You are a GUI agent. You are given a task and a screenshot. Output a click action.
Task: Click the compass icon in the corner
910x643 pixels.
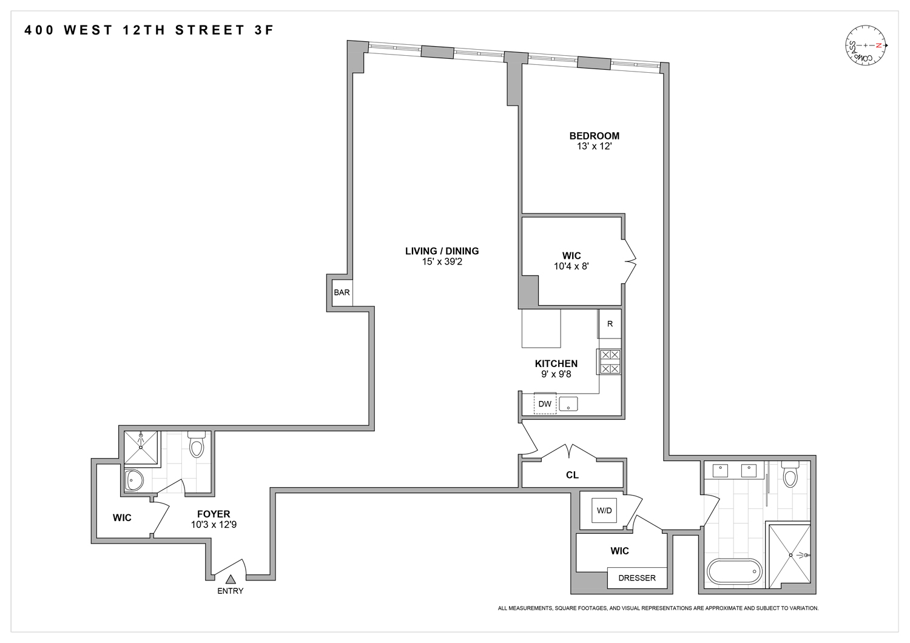[x=866, y=46]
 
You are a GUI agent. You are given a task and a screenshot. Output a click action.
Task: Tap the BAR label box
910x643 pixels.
[x=342, y=292]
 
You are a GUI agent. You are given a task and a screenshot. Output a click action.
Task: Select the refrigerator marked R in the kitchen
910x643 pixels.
[x=610, y=324]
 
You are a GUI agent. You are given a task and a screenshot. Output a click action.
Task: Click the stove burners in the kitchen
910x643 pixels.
[x=610, y=362]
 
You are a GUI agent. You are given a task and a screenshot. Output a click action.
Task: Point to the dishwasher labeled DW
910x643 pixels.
[x=545, y=404]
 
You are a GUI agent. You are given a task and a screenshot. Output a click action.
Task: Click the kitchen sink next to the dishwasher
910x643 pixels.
[x=568, y=404]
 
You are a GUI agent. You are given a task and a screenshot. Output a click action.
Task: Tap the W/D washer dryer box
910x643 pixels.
[x=604, y=510]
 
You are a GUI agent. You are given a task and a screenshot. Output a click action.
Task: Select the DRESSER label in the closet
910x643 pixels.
[x=637, y=578]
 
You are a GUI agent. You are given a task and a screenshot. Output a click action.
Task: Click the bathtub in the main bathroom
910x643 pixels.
[x=734, y=571]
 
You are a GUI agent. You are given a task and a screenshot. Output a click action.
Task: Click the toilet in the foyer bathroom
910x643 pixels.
[x=197, y=445]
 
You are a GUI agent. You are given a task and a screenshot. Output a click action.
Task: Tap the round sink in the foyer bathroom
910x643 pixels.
[x=133, y=480]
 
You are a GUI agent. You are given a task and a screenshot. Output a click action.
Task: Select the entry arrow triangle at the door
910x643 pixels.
[x=231, y=579]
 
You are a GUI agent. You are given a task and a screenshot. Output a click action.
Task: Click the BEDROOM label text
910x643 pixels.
[x=594, y=136]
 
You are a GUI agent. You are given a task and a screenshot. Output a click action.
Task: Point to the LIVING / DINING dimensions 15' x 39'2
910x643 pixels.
[x=442, y=262]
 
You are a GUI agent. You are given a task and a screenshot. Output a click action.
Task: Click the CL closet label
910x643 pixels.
[x=572, y=475]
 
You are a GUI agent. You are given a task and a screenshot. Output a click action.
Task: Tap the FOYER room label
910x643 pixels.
[x=214, y=514]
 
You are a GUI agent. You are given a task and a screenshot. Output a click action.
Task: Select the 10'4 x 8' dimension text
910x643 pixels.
[x=571, y=266]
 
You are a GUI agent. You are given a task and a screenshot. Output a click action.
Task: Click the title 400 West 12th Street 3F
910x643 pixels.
[x=149, y=30]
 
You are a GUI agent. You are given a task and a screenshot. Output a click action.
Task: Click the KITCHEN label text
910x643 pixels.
[x=556, y=363]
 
